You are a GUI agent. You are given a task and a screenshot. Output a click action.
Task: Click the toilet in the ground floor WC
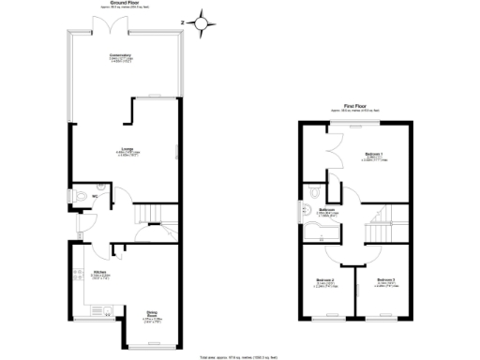click(83, 197)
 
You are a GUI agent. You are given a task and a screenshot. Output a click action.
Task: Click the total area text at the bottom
click(240, 357)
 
